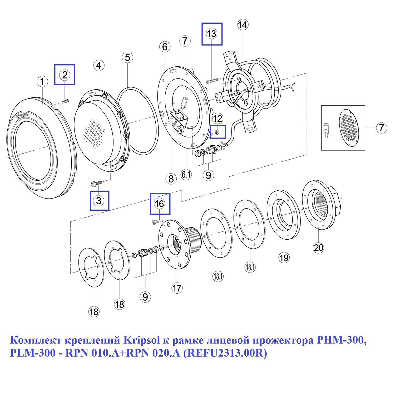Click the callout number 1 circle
coord(42,81)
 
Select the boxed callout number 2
coord(65,75)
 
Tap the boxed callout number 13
coord(212,34)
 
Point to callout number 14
coord(242,25)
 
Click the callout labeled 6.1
coord(186,174)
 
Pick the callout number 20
coord(318,248)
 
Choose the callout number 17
coord(177,288)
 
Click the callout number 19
coord(284,258)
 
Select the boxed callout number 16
coord(160,204)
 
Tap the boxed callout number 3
coord(99,201)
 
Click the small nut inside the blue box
coord(217,132)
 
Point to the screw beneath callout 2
coord(65,101)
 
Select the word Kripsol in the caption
coord(142,340)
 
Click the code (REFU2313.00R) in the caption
coord(225,353)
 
